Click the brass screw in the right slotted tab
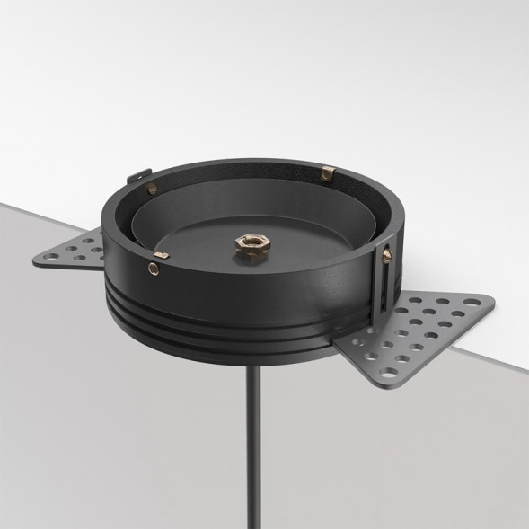pyautogui.click(x=387, y=256)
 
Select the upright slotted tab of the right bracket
pyautogui.click(x=389, y=283)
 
